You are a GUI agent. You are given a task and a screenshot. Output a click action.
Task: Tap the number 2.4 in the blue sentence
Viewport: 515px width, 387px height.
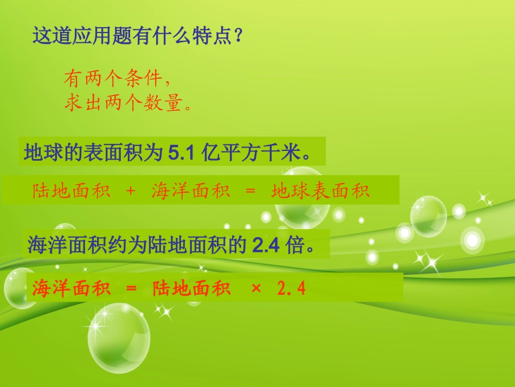[x=266, y=246]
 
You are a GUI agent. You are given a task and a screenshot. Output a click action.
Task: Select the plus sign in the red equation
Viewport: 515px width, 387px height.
[x=130, y=191]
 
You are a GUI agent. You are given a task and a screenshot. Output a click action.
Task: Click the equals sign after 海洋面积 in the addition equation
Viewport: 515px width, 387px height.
[x=250, y=191]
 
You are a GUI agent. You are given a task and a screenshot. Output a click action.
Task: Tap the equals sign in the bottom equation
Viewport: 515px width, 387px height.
[x=131, y=288]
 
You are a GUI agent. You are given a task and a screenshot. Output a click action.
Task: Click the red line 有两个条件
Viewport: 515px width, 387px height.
[x=117, y=80]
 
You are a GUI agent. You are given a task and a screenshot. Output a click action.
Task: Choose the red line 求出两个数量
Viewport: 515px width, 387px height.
[x=127, y=103]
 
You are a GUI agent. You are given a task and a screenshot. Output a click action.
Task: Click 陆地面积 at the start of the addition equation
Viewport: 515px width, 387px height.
[x=71, y=191]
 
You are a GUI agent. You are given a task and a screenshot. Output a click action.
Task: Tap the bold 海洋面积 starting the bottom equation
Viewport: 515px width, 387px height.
[x=71, y=288]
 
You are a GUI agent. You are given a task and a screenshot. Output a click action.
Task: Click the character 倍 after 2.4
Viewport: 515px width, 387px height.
[x=295, y=246]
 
